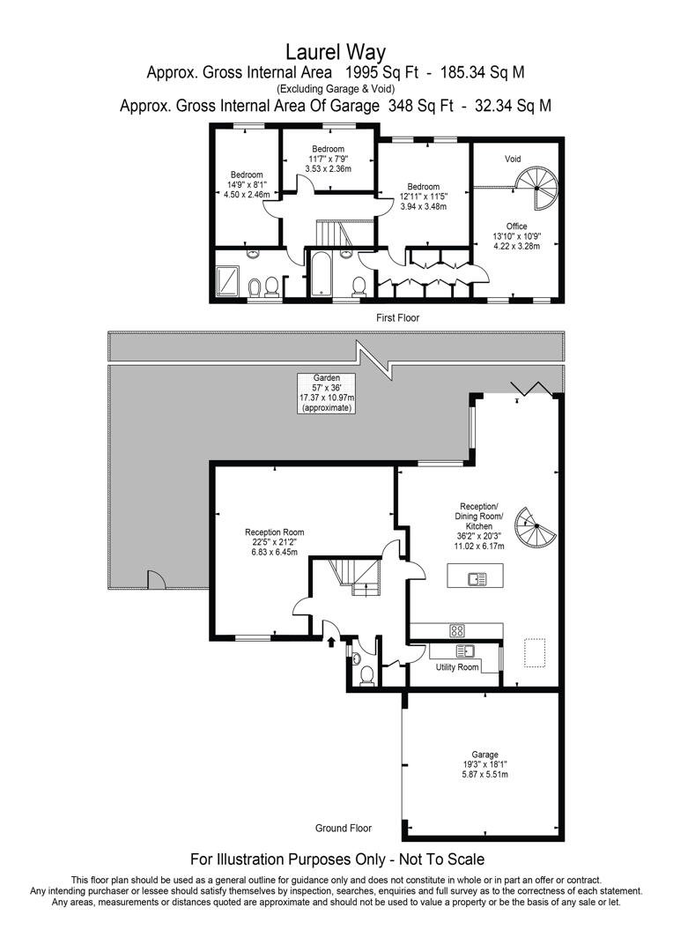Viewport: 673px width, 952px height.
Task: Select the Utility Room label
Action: [x=457, y=667]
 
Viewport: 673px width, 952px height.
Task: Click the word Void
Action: [x=513, y=160]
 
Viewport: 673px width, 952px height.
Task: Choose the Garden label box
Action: [x=326, y=393]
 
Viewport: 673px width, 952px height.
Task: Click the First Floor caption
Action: [x=397, y=317]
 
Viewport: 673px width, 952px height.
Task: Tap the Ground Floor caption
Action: [x=344, y=829]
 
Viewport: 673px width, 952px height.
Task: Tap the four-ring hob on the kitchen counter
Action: [x=458, y=630]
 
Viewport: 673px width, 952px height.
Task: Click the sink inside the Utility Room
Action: [x=464, y=651]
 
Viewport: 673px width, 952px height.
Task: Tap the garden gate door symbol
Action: [x=156, y=581]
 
